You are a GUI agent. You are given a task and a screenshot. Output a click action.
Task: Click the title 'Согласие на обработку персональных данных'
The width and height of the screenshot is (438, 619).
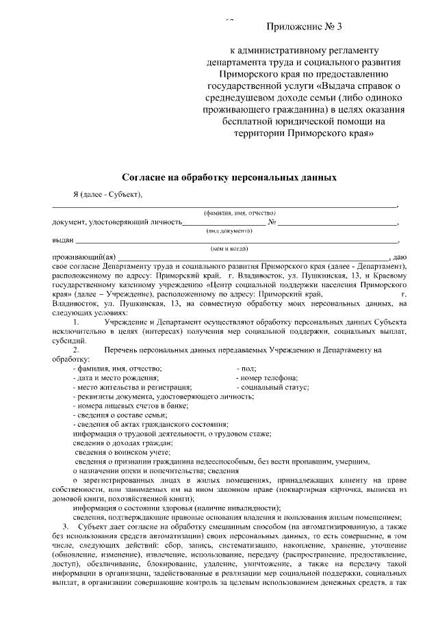(x=230, y=176)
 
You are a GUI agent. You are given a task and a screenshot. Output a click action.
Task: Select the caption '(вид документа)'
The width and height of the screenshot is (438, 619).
(x=230, y=231)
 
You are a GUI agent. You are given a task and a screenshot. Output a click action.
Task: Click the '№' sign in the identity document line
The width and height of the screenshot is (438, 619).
(x=272, y=222)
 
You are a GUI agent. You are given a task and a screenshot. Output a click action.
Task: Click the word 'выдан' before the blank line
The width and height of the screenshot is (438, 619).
(x=63, y=240)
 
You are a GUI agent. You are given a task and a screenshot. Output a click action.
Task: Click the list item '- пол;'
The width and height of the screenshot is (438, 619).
(x=245, y=368)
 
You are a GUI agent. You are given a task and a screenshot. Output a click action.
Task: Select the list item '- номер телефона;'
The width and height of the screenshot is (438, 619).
(x=266, y=378)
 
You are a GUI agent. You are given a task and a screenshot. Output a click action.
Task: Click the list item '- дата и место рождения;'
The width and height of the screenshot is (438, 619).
(x=116, y=378)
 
